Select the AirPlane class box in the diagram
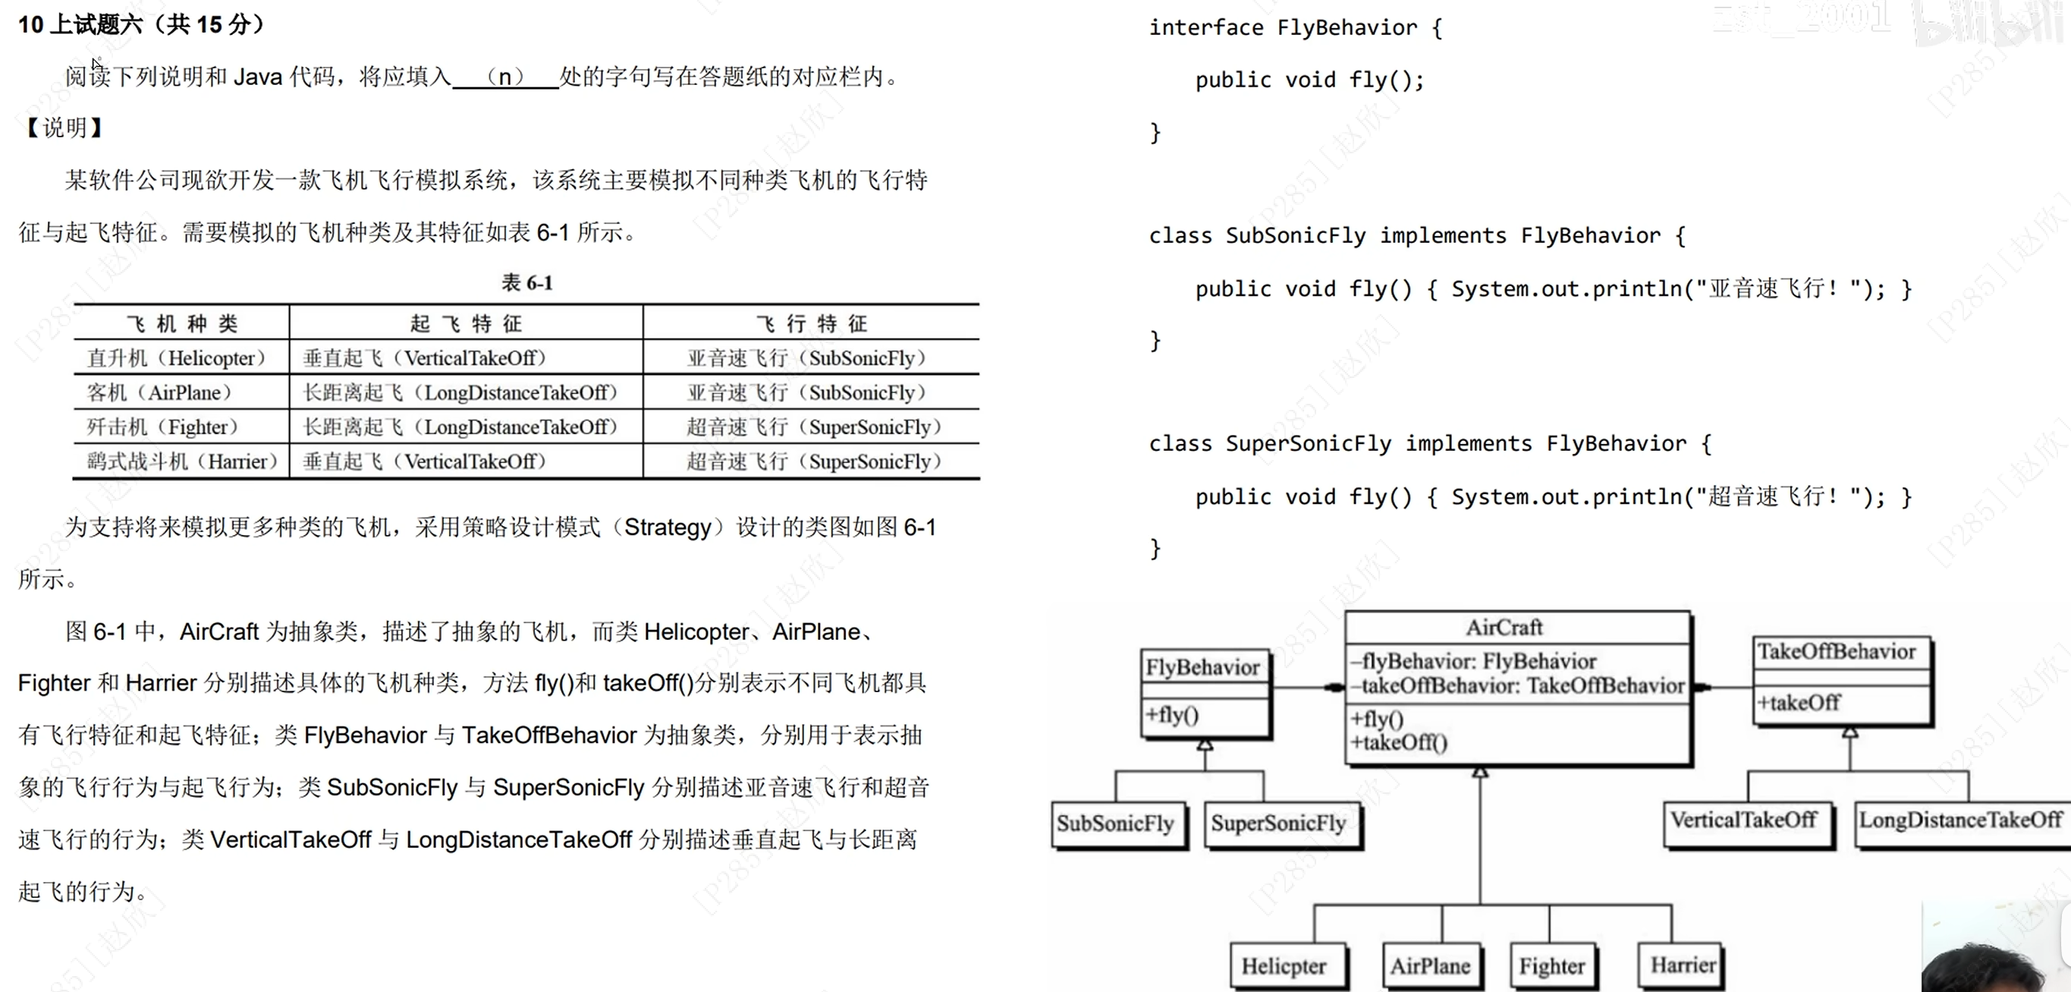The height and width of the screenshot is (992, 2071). (x=1431, y=965)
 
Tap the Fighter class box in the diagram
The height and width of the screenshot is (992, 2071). (x=1552, y=965)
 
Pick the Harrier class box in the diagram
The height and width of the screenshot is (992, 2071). (x=1681, y=965)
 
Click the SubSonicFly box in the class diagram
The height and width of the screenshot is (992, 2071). (x=1117, y=823)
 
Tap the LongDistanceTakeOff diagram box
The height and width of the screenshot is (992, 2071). (x=1961, y=820)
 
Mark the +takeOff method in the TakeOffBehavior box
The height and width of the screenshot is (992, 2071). (x=1799, y=702)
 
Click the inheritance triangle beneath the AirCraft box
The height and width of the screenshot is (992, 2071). (x=1480, y=773)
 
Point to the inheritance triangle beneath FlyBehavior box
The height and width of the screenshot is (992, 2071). (x=1205, y=745)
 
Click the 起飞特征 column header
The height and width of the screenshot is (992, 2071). (x=466, y=323)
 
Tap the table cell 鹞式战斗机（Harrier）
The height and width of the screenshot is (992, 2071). (x=182, y=461)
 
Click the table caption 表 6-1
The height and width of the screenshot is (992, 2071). (x=526, y=283)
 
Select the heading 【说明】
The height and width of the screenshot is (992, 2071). (x=64, y=127)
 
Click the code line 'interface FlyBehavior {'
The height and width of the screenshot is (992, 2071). (x=1295, y=28)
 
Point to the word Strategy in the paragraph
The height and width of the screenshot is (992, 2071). (x=668, y=527)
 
